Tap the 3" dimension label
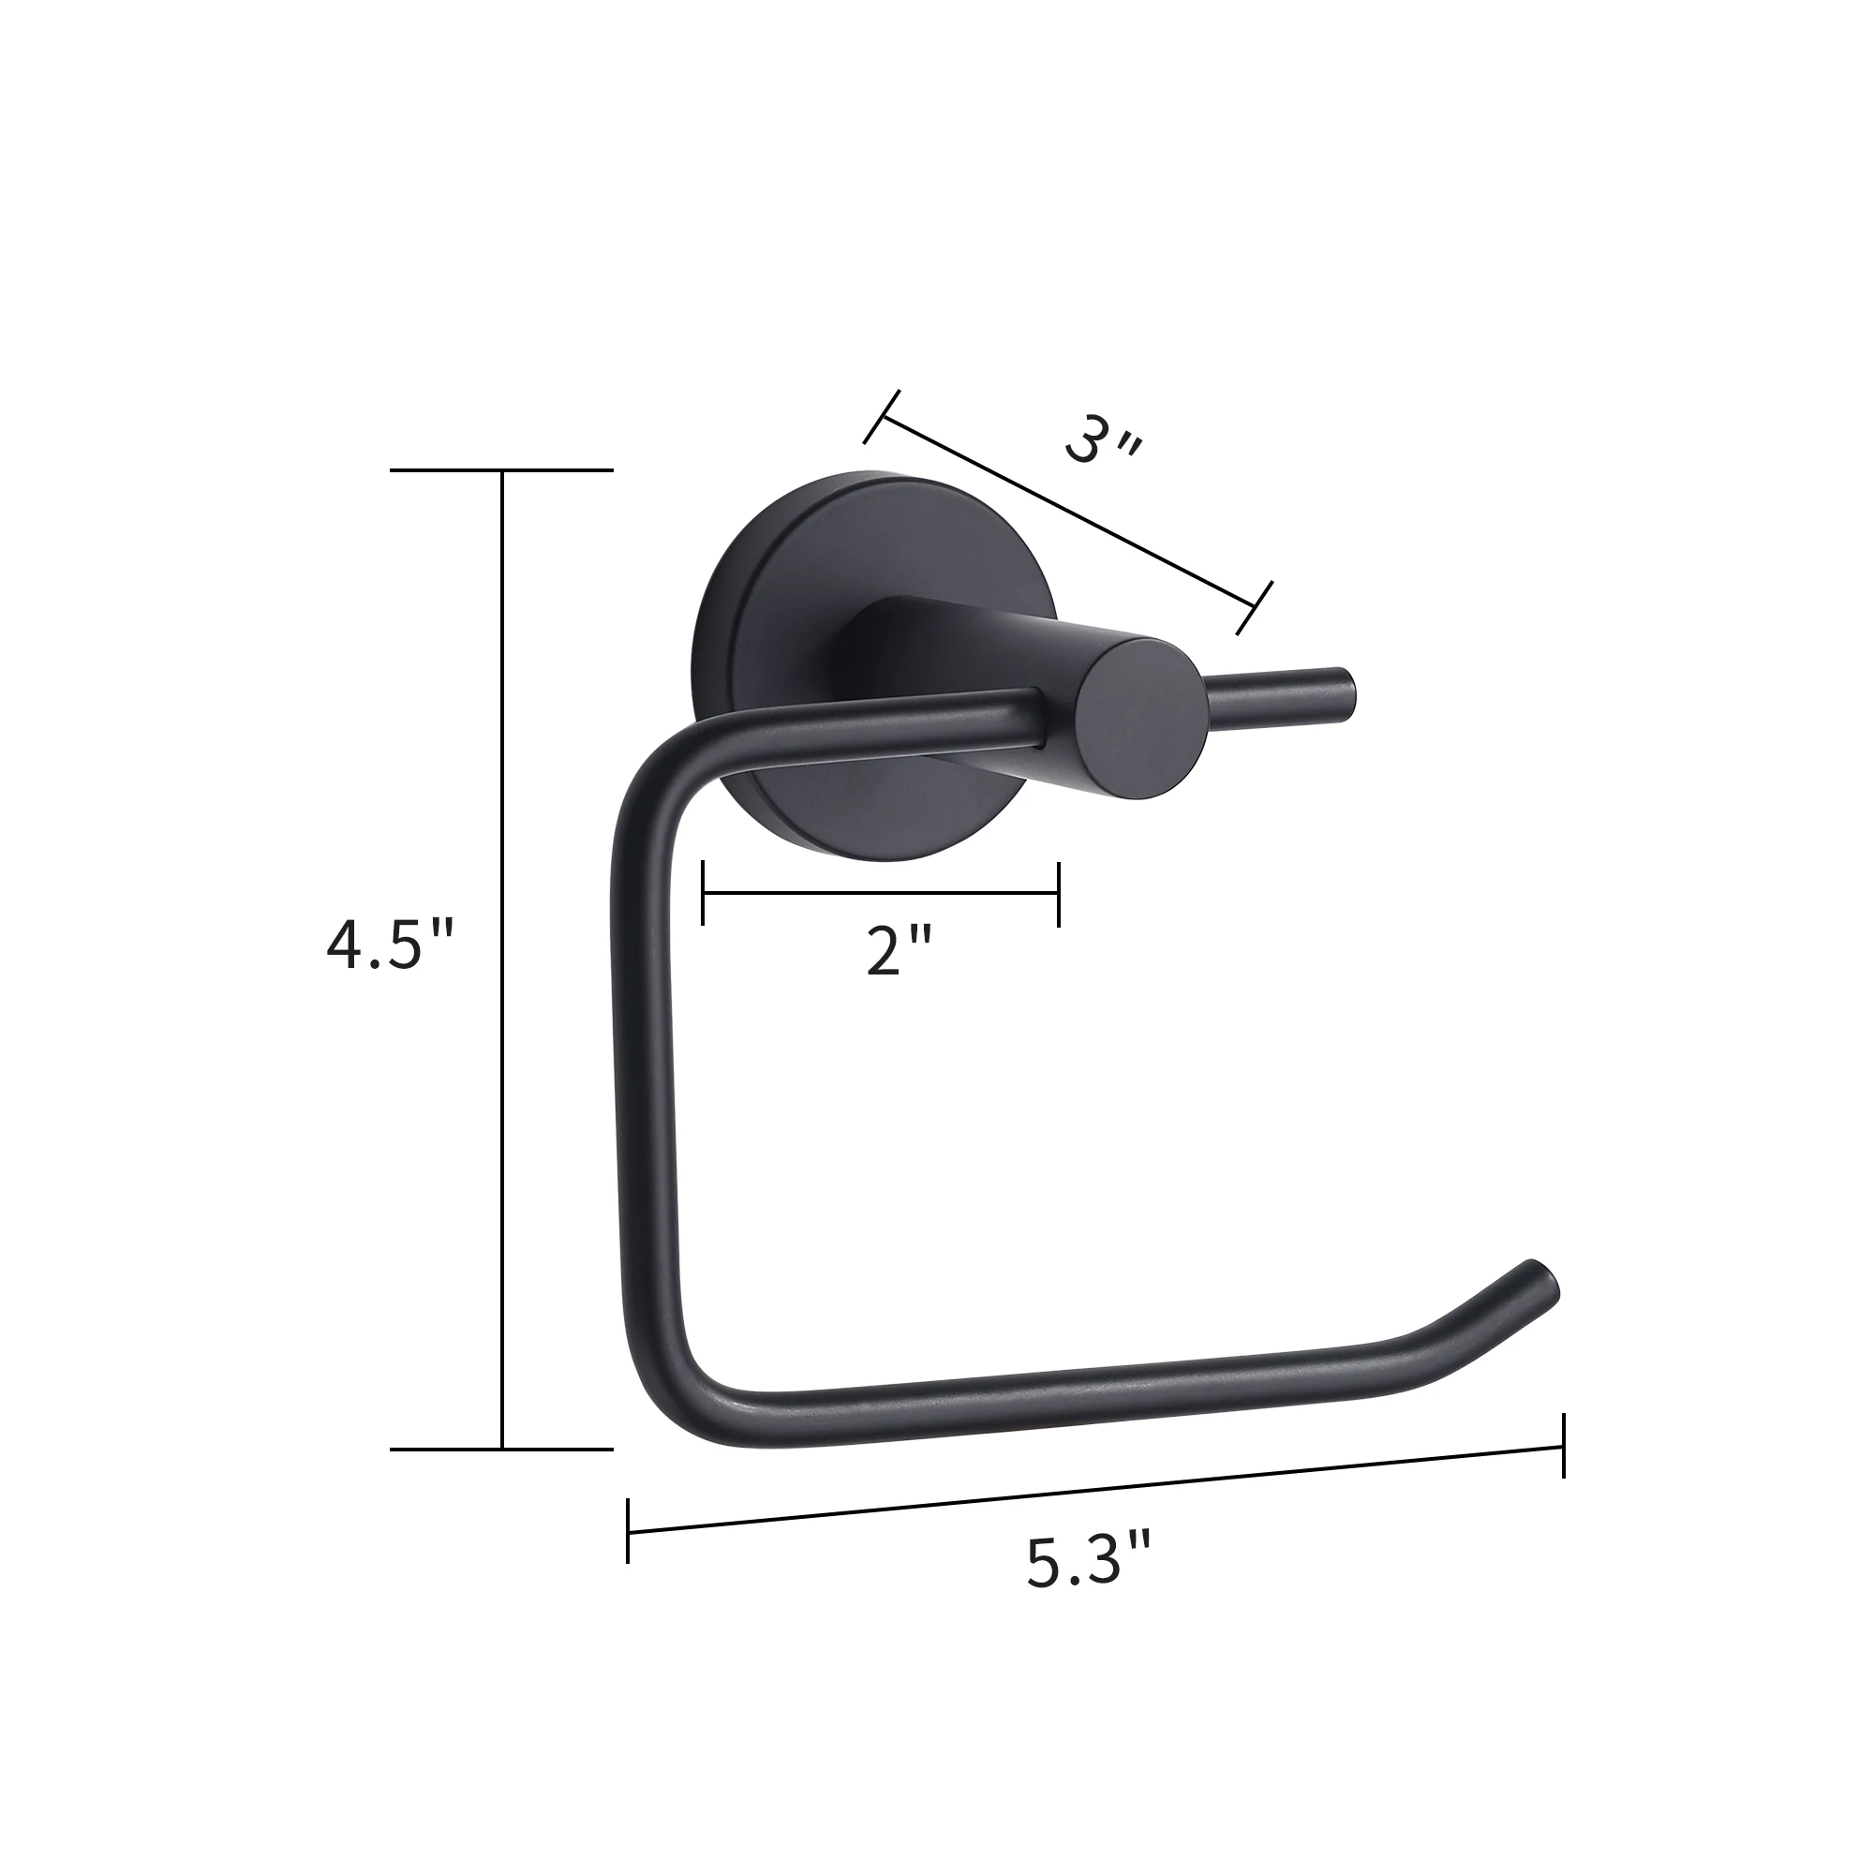[1103, 444]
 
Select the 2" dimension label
[899, 952]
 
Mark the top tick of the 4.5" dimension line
[501, 470]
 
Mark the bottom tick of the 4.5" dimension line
[501, 1450]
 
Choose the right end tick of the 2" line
[1058, 892]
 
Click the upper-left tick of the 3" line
[882, 417]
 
